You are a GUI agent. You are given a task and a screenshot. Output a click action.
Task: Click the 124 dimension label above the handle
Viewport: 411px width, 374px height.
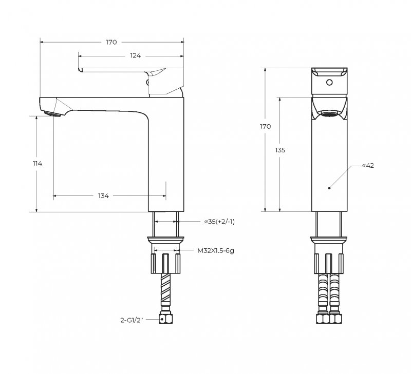tap(136, 55)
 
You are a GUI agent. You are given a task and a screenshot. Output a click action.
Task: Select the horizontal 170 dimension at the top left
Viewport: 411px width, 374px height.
tap(111, 42)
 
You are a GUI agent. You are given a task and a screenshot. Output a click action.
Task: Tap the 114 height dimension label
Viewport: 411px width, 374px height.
tap(36, 163)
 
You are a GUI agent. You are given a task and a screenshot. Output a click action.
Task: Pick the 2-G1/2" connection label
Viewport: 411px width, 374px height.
tap(131, 319)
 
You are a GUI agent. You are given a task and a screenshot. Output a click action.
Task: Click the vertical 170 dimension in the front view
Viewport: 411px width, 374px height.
tap(265, 126)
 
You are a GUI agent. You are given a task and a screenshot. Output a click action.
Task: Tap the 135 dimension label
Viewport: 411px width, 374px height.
tap(280, 150)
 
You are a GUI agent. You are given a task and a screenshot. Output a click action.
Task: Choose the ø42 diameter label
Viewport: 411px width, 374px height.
tap(367, 166)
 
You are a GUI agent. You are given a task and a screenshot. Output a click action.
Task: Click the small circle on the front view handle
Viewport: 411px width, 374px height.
tap(329, 83)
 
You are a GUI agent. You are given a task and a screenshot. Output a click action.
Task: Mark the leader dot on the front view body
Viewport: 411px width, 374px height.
tap(329, 188)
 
